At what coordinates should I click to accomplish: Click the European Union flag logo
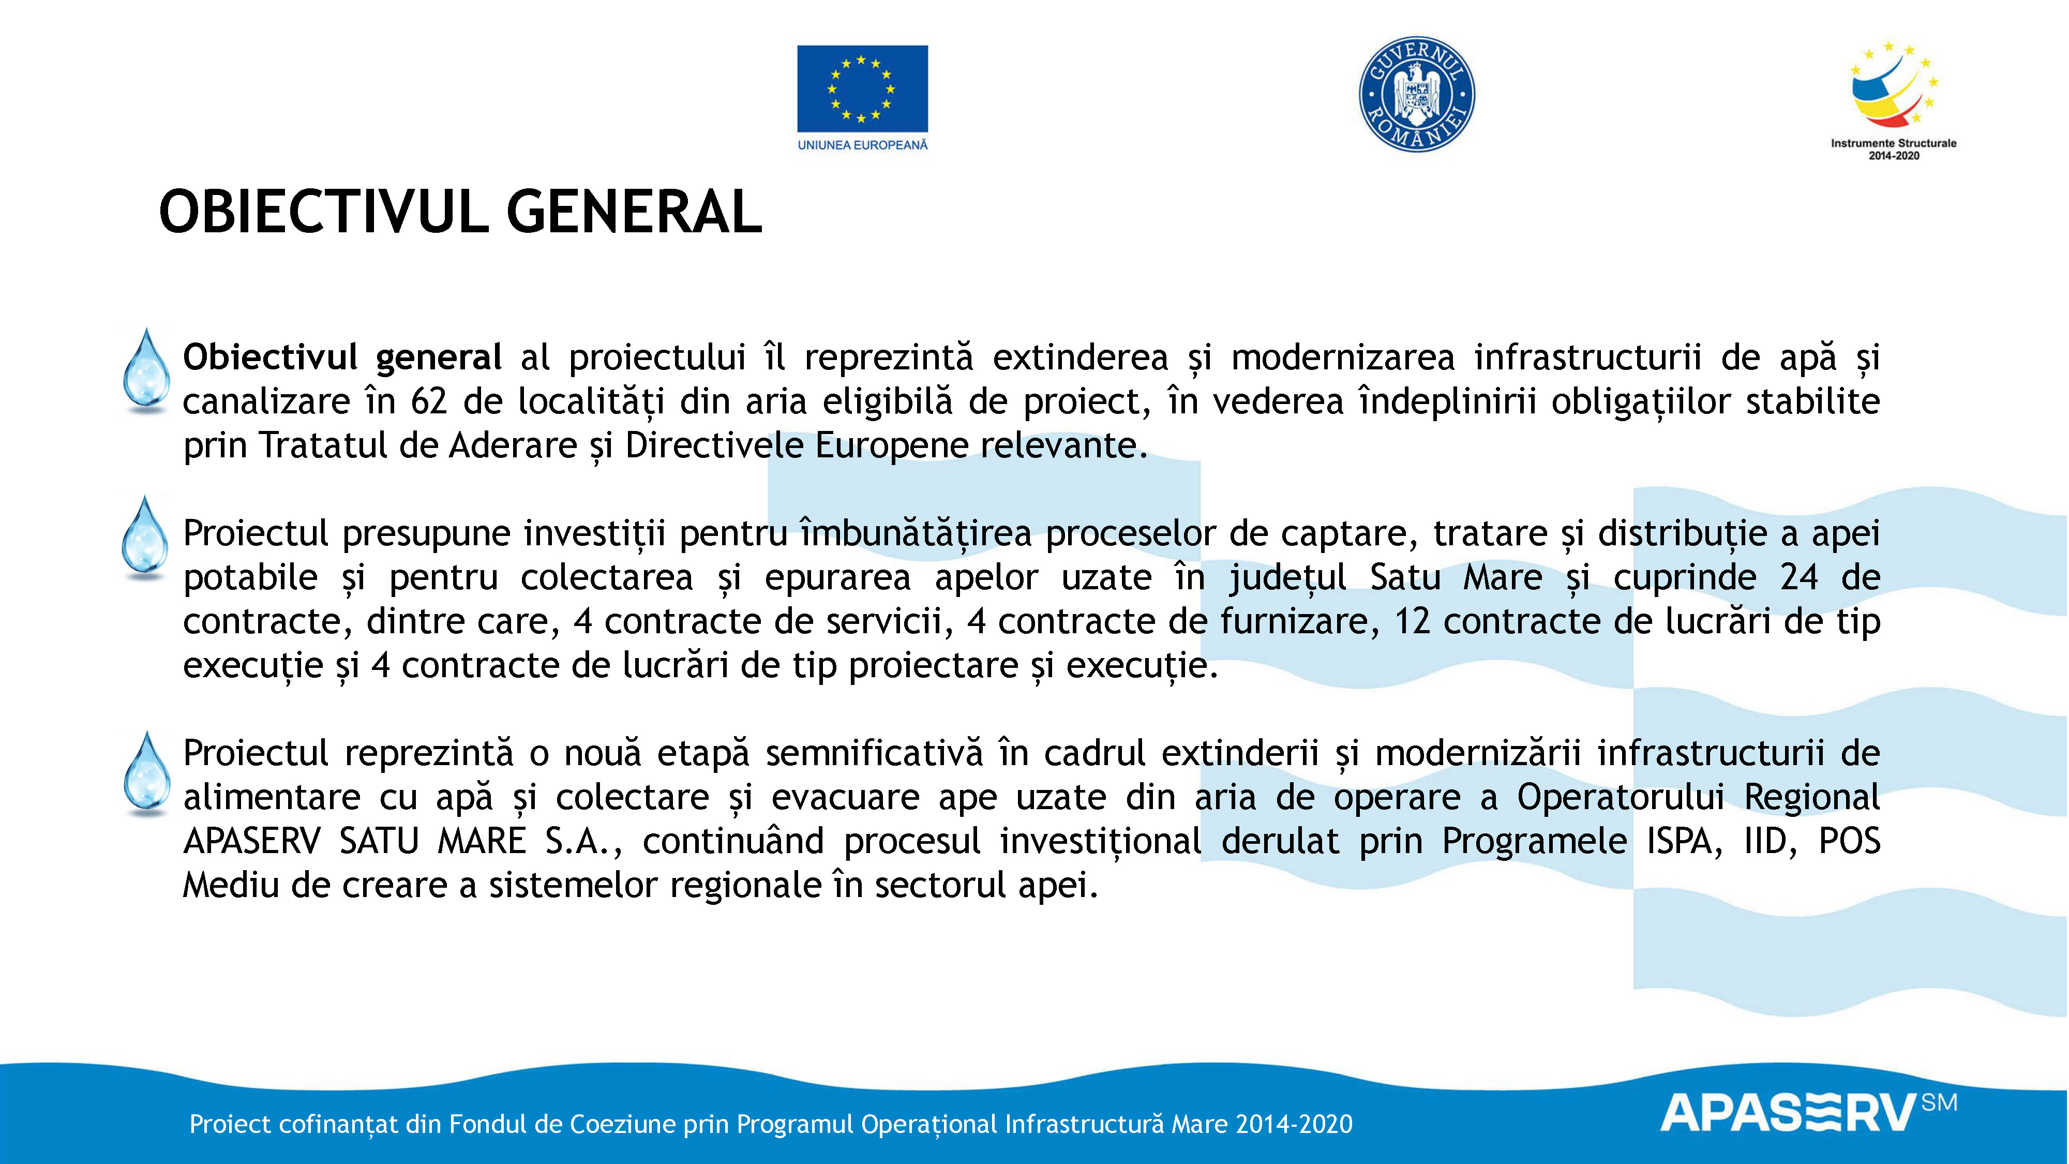[x=862, y=88]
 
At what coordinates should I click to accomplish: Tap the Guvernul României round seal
[x=1417, y=94]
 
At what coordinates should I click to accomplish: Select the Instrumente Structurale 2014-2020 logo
[x=1893, y=100]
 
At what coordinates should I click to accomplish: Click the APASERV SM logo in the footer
[x=1807, y=1113]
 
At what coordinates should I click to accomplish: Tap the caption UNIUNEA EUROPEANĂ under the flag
[x=862, y=145]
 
